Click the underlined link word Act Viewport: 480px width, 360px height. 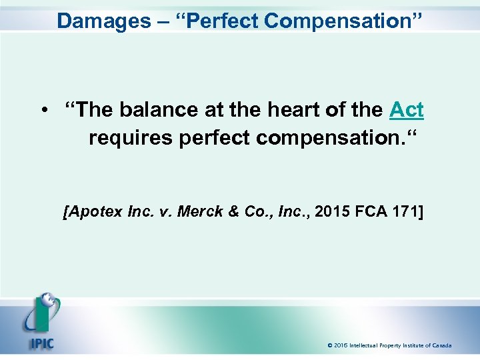pyautogui.click(x=407, y=109)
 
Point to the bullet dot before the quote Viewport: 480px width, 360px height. pyautogui.click(x=45, y=110)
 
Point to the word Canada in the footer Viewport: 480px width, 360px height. pyautogui.click(x=441, y=345)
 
